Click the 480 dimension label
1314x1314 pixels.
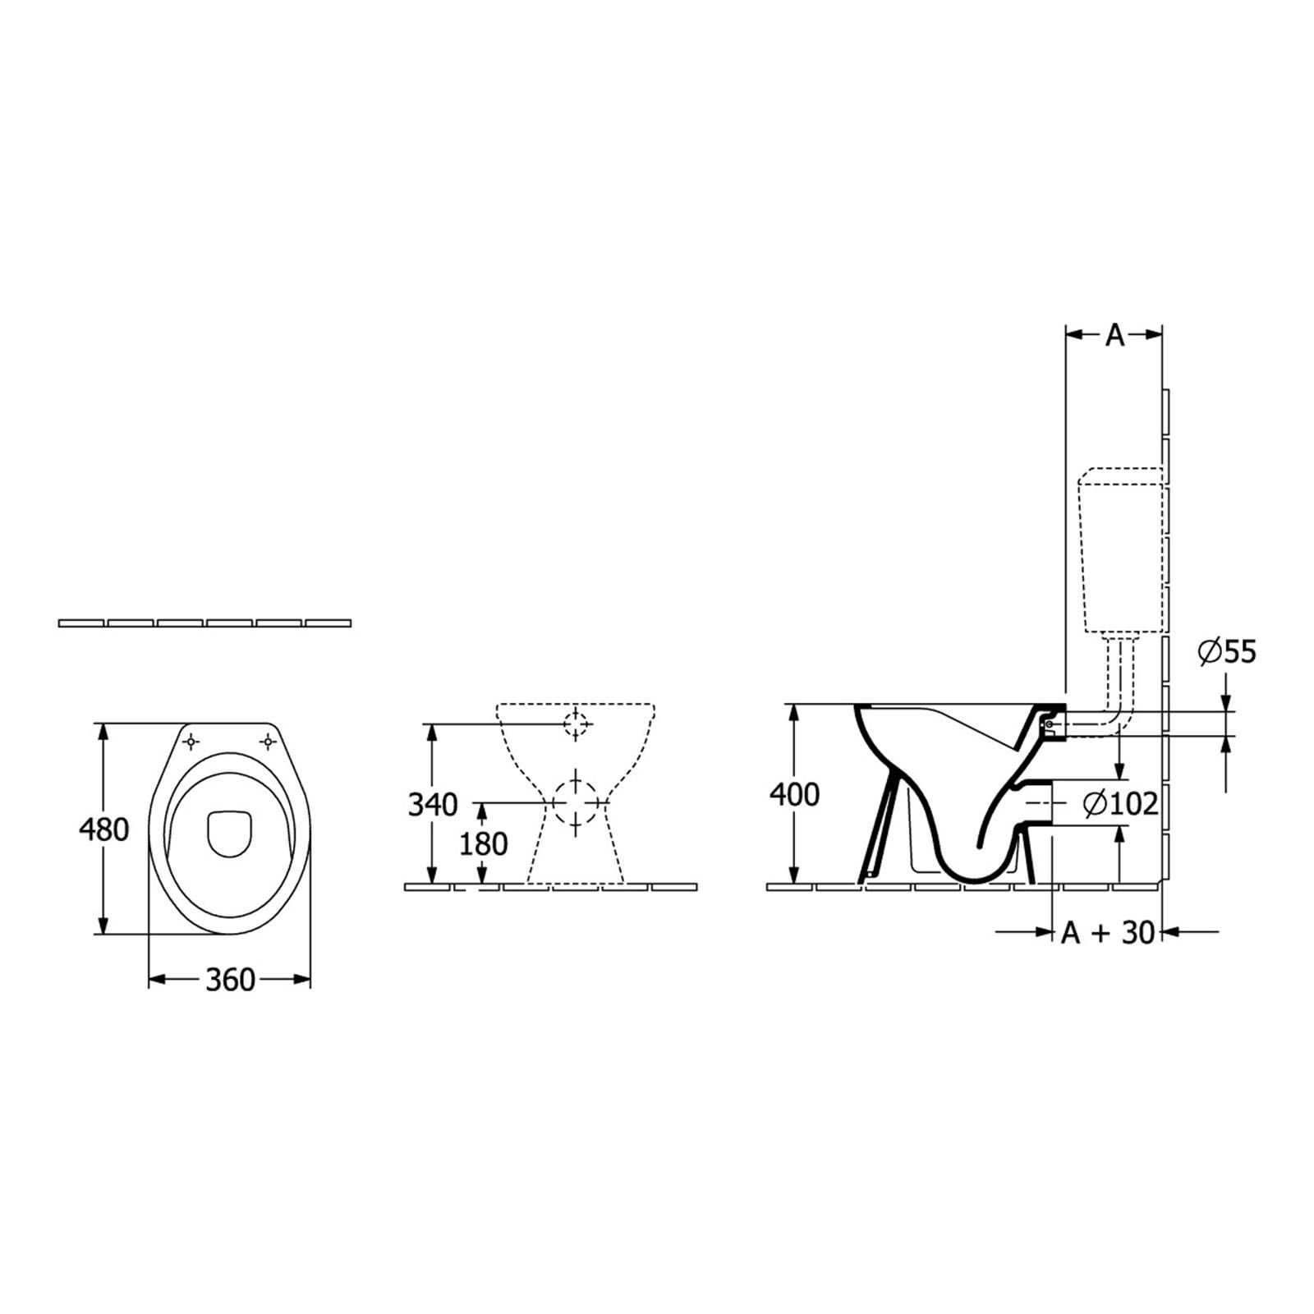104,829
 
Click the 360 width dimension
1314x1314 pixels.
230,980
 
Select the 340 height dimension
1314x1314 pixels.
433,805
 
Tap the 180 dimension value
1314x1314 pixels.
484,843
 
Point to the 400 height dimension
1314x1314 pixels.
794,794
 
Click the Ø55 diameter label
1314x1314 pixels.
1227,652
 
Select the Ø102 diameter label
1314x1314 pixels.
1120,803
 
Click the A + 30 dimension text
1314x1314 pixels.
1108,932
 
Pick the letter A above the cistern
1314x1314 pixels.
1114,335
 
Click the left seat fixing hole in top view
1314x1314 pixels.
191,742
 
